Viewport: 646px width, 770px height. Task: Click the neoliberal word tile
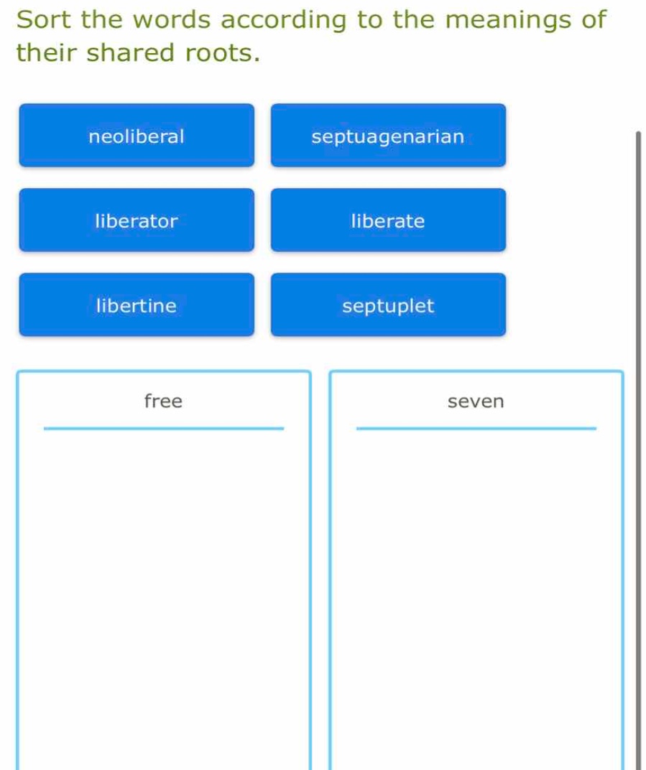[x=137, y=136]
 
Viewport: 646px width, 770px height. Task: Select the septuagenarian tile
[x=388, y=136]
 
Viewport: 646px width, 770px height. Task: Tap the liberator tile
[x=137, y=220]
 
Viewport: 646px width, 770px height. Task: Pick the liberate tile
[x=388, y=220]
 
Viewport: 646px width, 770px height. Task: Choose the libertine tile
[x=137, y=305]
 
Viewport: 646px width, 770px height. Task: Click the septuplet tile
[x=388, y=305]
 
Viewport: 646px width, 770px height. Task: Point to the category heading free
[x=164, y=402]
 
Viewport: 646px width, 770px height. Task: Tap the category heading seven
[x=476, y=402]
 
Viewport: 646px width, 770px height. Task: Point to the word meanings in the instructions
[x=508, y=21]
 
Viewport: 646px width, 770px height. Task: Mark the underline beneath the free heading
[x=164, y=429]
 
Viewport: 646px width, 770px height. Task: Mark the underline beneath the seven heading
[x=476, y=429]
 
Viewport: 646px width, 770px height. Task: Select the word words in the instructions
[x=172, y=19]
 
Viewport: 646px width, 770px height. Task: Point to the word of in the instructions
[x=594, y=19]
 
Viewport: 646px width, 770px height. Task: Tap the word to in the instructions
[x=369, y=20]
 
